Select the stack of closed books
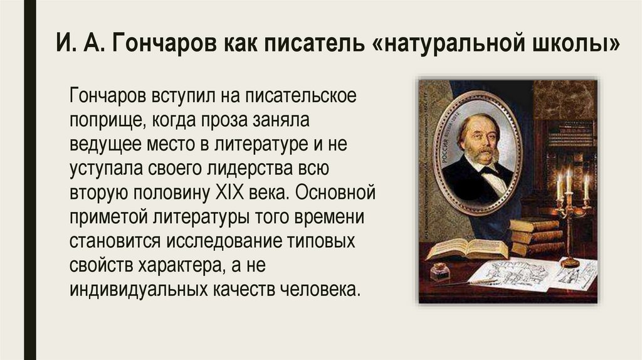tap(534, 236)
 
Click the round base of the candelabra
tap(570, 262)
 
